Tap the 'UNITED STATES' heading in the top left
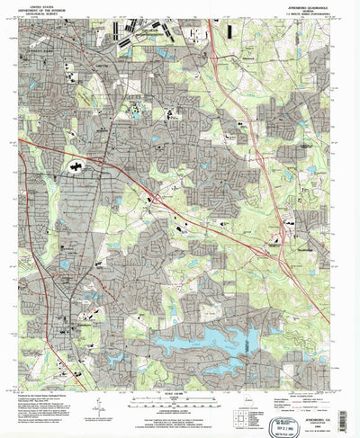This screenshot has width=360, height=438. [47, 4]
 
